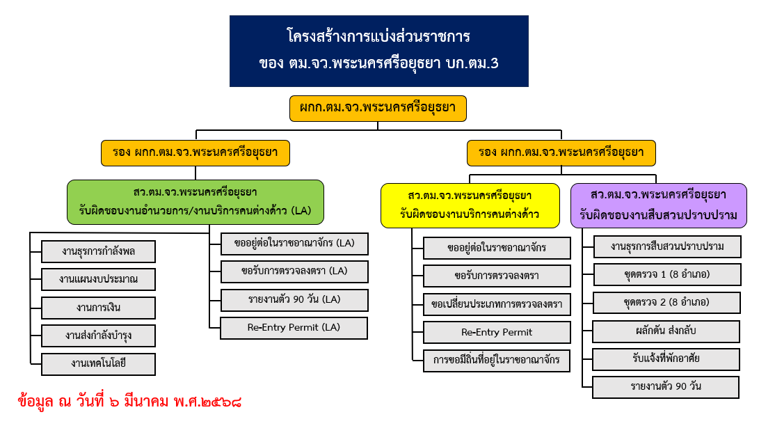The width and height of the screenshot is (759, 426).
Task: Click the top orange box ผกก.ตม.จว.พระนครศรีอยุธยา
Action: [378, 109]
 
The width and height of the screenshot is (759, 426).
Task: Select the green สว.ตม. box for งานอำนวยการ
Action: [195, 202]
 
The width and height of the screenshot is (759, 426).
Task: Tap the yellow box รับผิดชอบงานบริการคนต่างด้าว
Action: [470, 205]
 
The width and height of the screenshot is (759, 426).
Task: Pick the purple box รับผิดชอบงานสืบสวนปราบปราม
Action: [658, 205]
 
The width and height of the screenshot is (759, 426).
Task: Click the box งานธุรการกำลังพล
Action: [98, 251]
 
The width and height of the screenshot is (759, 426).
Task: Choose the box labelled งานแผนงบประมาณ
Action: [98, 279]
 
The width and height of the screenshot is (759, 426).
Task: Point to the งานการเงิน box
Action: [98, 308]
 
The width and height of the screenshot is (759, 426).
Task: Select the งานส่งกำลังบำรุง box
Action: [98, 336]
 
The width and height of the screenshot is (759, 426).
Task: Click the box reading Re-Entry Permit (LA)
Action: [294, 328]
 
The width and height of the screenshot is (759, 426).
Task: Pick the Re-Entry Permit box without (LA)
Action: [497, 332]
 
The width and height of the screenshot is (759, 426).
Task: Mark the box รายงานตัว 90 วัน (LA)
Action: [294, 300]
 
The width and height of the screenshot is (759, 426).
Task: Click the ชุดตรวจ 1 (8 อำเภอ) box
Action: [666, 275]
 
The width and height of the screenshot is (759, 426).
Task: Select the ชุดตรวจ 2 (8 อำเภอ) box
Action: [666, 303]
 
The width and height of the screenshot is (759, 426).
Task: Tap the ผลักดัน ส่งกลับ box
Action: [666, 331]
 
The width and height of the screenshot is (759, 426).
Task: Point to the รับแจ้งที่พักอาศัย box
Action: [666, 359]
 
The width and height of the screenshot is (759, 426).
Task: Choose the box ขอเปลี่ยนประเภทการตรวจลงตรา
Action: [497, 304]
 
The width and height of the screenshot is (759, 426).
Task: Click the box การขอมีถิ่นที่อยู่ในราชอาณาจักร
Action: [497, 361]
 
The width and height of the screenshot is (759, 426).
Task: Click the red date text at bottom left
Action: [129, 402]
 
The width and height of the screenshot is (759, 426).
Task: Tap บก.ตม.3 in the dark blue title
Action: [471, 63]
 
